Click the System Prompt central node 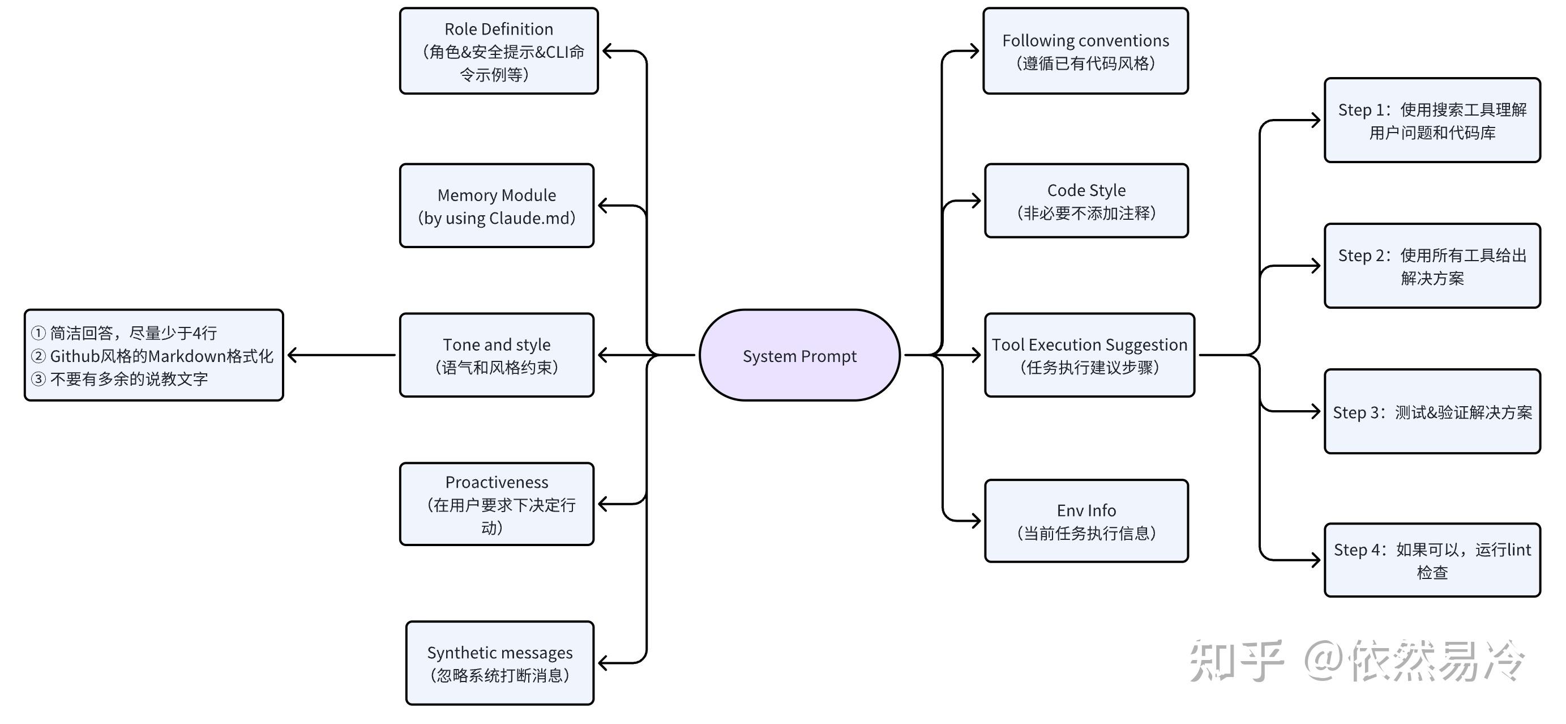click(799, 355)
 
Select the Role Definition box click(498, 51)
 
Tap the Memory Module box click(496, 206)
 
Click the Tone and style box click(496, 355)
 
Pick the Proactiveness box click(496, 504)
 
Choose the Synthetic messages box click(499, 663)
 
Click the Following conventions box click(1085, 51)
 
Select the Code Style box click(1086, 201)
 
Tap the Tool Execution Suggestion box click(1089, 355)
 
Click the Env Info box click(1086, 521)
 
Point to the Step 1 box click(1432, 121)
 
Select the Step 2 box click(1432, 266)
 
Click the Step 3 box click(1432, 412)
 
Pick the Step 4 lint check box click(1432, 560)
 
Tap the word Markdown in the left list click(181, 356)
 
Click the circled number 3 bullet click(38, 379)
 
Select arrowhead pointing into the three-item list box click(292, 355)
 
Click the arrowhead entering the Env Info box click(975, 521)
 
